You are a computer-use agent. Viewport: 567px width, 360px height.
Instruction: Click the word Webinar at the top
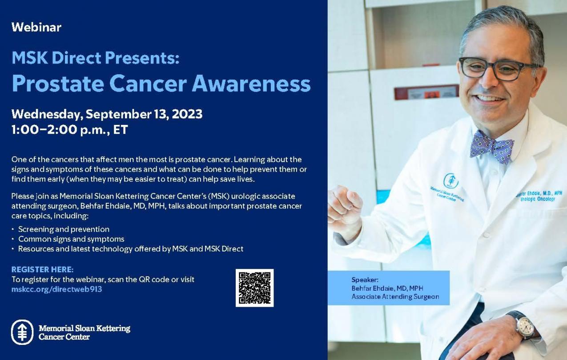(36, 27)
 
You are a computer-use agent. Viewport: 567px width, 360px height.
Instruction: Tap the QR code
(255, 288)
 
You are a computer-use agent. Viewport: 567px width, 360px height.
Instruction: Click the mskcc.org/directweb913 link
(57, 289)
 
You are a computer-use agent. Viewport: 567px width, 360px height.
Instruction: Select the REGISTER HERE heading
(43, 269)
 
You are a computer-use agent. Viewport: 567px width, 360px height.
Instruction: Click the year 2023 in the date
(187, 114)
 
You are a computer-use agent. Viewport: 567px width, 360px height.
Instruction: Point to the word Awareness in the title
(251, 84)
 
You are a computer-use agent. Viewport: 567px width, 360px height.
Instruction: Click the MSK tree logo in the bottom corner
(22, 332)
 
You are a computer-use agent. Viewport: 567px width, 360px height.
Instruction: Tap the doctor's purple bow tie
(491, 147)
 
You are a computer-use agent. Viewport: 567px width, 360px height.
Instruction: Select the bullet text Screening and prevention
(64, 229)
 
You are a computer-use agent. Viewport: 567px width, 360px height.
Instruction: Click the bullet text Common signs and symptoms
(71, 239)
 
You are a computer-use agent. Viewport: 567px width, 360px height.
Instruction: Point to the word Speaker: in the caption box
(365, 280)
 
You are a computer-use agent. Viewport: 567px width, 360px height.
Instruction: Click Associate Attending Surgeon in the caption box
(395, 296)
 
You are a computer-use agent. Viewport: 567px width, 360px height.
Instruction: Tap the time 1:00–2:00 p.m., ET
(70, 130)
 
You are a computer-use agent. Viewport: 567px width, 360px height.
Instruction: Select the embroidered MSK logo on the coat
(451, 180)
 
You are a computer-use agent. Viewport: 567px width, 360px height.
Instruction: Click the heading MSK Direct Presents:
(96, 58)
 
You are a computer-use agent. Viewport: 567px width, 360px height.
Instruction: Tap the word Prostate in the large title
(58, 84)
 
